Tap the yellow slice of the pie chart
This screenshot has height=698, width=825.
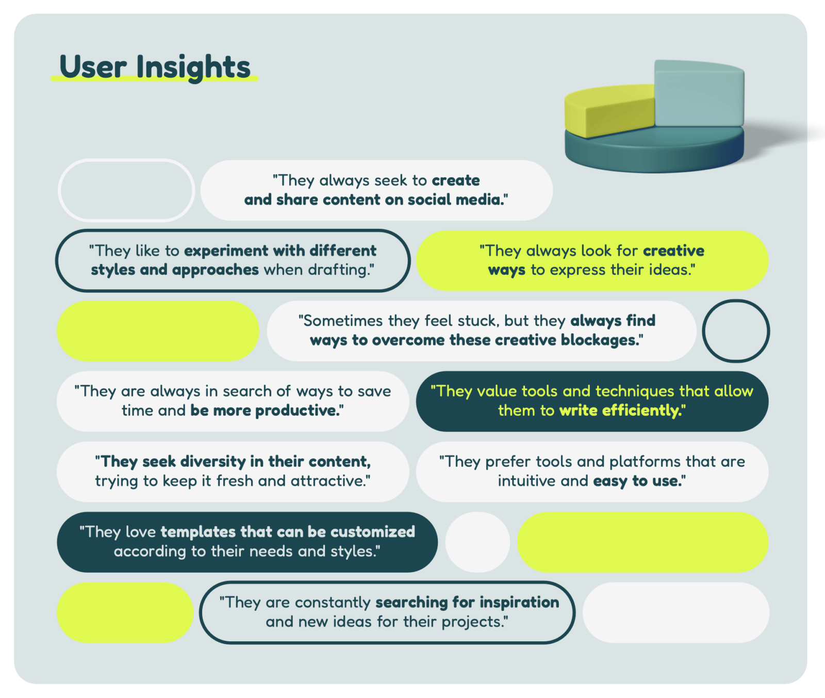tap(608, 112)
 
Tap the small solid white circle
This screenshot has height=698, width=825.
tap(477, 542)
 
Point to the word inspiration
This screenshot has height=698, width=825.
tap(519, 603)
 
